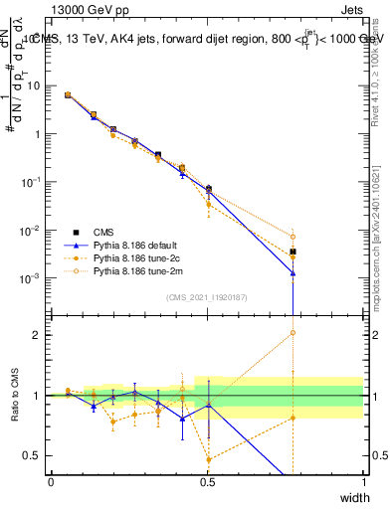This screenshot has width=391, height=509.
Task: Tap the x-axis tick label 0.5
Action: pos(207,482)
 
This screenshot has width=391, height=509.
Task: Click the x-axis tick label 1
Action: pos(363,482)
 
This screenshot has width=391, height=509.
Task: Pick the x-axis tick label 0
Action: pos(51,482)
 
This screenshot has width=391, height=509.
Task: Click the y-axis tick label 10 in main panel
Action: pos(35,85)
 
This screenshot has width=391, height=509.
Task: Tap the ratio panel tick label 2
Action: pos(41,335)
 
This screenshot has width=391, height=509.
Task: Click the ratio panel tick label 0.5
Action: pos(37,456)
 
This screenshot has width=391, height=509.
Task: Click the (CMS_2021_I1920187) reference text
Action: pos(207,296)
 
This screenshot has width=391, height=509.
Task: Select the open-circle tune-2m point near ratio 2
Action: pos(293,333)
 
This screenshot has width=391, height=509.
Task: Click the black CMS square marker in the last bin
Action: pos(293,252)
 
